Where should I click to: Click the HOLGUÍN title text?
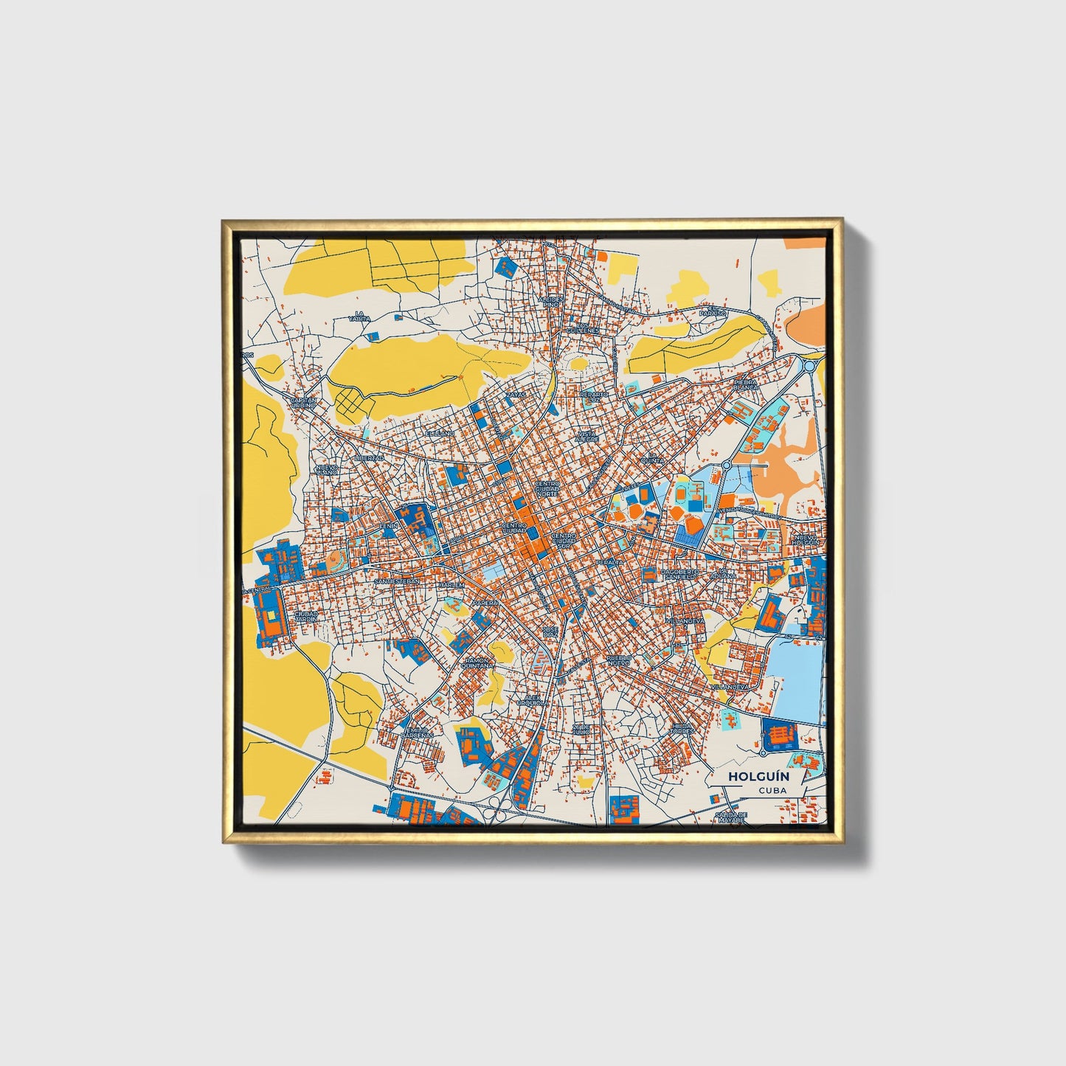(x=748, y=776)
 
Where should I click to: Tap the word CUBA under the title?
(x=771, y=790)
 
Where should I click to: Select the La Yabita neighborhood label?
(x=359, y=316)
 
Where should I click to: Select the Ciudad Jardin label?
(x=305, y=615)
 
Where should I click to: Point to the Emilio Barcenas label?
(x=414, y=733)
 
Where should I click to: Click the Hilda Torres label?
(x=682, y=728)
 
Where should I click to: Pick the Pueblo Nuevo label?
(x=619, y=659)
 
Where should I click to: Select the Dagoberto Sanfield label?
(x=679, y=574)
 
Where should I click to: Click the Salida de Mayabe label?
(x=732, y=817)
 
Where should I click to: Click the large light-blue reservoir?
(x=797, y=679)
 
